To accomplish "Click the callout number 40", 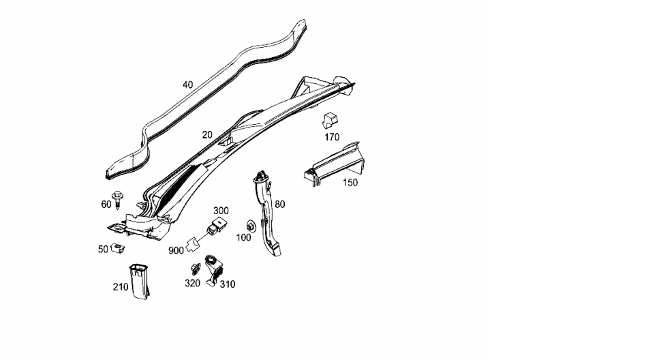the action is click(x=187, y=85).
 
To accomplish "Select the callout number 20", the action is click(x=207, y=135).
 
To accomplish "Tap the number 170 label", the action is click(x=332, y=137).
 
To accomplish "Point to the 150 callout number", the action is click(x=350, y=183).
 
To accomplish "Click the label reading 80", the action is click(x=280, y=204).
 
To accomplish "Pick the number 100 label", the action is click(x=243, y=238).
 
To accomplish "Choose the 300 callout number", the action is click(x=221, y=211).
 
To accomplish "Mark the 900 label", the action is click(x=176, y=251).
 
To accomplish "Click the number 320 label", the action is click(x=192, y=283).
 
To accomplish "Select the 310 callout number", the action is click(x=228, y=284).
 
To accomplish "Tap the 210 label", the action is click(x=121, y=287).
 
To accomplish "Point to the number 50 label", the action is click(x=103, y=250).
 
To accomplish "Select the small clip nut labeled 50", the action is click(x=118, y=248).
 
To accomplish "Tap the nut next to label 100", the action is click(x=251, y=226).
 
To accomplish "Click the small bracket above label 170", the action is click(x=330, y=120).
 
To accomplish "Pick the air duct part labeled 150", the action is click(x=335, y=164).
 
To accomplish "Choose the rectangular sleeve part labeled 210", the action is click(x=139, y=281).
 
